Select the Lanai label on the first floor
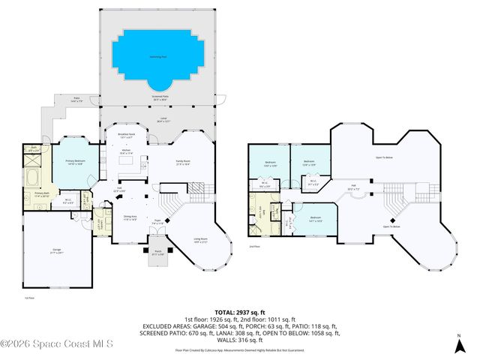pyautogui.click(x=163, y=118)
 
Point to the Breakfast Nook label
pyautogui.click(x=126, y=136)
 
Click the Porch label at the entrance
pyautogui.click(x=158, y=253)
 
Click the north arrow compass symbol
pyautogui.click(x=458, y=347)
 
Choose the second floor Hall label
pyautogui.click(x=352, y=187)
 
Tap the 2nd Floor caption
pyautogui.click(x=253, y=246)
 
